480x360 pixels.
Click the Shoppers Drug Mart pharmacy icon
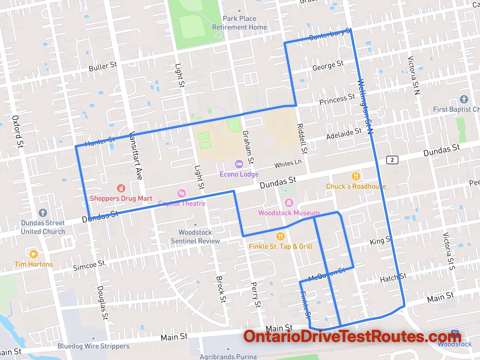(121, 188)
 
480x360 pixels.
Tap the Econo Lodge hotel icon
(239, 164)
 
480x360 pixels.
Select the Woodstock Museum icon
(289, 203)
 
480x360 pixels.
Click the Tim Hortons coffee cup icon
(34, 254)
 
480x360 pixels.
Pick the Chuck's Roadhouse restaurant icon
(356, 176)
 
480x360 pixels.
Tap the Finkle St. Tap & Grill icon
(280, 236)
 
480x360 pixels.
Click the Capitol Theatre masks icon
(181, 193)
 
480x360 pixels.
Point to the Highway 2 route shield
(392, 160)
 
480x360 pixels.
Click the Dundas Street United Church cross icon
(43, 213)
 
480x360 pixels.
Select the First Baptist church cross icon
(464, 99)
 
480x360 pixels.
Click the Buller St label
(103, 66)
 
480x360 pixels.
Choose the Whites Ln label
(288, 164)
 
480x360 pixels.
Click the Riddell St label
(302, 139)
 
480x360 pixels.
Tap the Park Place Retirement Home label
(239, 23)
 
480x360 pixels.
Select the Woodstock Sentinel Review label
(195, 237)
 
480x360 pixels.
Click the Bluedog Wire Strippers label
(93, 346)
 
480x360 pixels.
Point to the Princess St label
(337, 99)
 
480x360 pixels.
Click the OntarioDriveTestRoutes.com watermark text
(352, 337)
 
